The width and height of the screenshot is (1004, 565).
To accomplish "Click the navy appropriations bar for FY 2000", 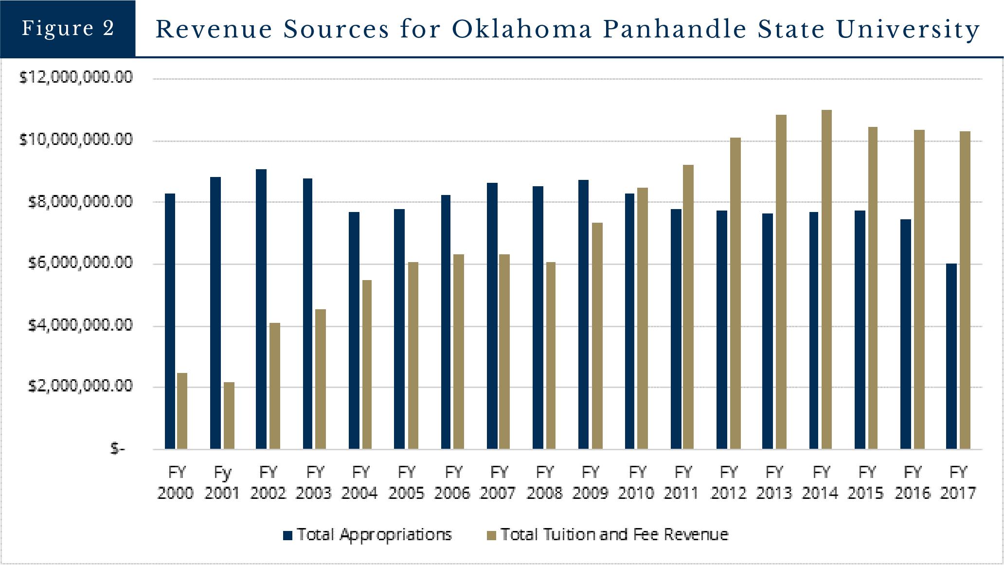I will click(170, 321).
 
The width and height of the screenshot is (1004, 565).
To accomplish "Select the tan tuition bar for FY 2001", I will click(229, 415).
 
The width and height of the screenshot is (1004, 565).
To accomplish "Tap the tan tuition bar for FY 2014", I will click(826, 279).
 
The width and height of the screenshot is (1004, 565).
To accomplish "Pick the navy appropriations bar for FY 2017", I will click(951, 356).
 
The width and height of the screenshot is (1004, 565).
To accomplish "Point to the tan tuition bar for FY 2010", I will click(642, 318).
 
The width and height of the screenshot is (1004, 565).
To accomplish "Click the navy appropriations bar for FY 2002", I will click(261, 309).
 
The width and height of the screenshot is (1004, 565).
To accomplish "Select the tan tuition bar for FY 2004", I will click(366, 364).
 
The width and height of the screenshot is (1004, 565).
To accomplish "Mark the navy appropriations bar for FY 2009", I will click(583, 314).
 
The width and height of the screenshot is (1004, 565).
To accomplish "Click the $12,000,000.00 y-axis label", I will click(76, 78).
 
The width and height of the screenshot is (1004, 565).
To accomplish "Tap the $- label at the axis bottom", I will click(117, 448).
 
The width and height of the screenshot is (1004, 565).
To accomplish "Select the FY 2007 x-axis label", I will click(498, 482).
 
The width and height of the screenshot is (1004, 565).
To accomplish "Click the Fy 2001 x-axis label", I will click(222, 482).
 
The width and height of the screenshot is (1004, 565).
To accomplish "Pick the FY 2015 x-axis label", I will click(866, 482).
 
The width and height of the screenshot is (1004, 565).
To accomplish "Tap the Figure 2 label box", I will click(68, 28).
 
